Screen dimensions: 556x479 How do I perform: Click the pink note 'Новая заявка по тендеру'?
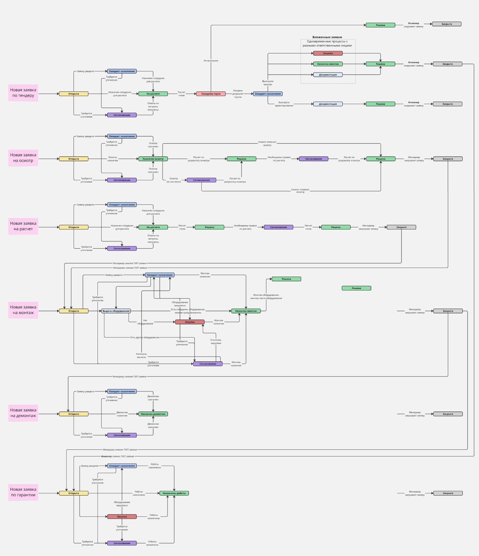click(x=23, y=93)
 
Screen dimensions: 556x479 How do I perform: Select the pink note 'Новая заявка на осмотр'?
click(x=23, y=158)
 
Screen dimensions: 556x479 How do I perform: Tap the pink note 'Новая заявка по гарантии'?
click(x=23, y=492)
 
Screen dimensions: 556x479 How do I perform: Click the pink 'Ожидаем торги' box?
click(x=211, y=94)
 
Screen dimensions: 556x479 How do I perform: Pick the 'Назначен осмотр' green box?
click(x=153, y=159)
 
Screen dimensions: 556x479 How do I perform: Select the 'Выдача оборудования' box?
click(x=116, y=311)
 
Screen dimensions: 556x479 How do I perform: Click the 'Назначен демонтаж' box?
click(x=153, y=414)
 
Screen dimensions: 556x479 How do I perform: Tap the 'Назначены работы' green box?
click(x=174, y=493)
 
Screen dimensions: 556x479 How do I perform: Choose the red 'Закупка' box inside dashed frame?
click(x=328, y=53)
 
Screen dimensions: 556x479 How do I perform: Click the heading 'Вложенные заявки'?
click(x=327, y=37)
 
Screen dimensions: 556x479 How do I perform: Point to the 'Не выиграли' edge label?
click(x=211, y=61)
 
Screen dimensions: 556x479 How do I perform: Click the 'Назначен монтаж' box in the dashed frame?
click(x=328, y=64)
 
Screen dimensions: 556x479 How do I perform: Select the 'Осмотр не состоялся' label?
click(x=173, y=180)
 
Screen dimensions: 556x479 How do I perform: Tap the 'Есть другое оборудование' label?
click(x=145, y=337)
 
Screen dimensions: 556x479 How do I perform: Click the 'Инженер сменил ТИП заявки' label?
click(x=117, y=456)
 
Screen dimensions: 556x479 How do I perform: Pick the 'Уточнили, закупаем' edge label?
click(x=216, y=342)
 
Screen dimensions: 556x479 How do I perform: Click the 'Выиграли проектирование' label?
click(x=284, y=104)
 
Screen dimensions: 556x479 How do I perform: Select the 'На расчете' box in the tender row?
click(x=153, y=94)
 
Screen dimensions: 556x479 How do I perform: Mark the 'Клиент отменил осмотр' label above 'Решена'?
click(x=267, y=144)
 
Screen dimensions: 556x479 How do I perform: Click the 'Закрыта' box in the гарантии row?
click(x=448, y=493)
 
